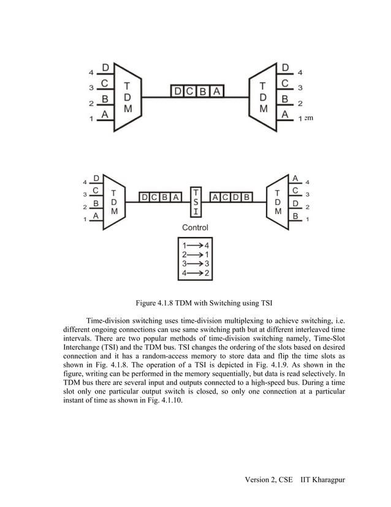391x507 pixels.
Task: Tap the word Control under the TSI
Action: [x=195, y=228]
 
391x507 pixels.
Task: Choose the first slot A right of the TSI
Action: [x=216, y=198]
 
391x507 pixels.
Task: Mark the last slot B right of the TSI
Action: [x=246, y=198]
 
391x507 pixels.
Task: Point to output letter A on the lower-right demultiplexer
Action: [x=295, y=178]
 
